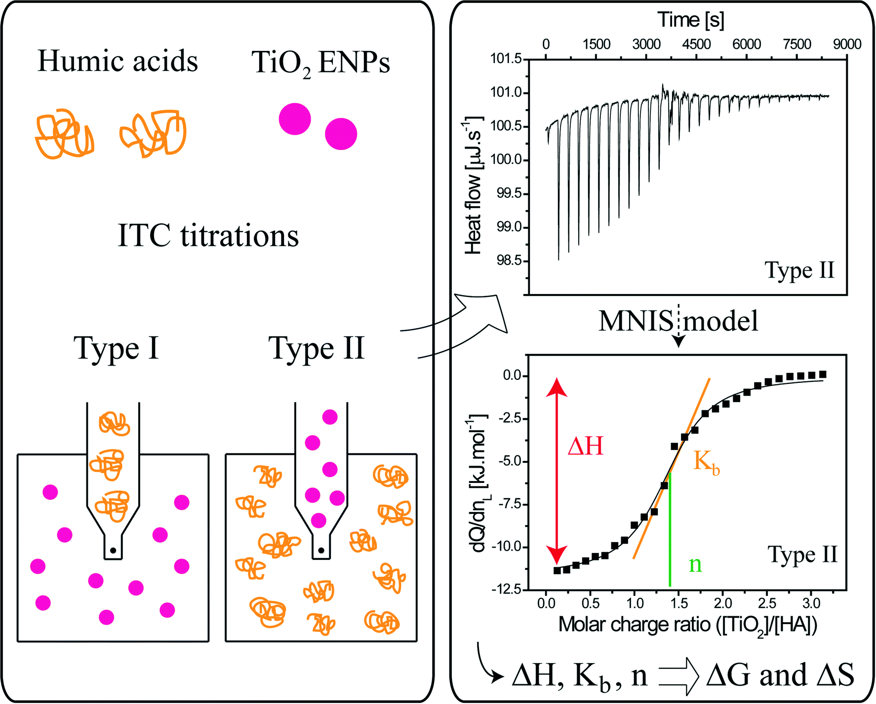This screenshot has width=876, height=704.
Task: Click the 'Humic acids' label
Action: coord(118,61)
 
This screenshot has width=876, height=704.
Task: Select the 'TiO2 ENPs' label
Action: coord(320,63)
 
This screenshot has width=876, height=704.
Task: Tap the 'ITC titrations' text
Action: coord(208,235)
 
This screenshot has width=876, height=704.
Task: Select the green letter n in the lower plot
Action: coord(695,564)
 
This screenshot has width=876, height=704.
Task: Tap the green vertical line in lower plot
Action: coord(670,533)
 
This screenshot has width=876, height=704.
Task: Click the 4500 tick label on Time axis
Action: coord(696,44)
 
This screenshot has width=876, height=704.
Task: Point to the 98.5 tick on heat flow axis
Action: coord(509,260)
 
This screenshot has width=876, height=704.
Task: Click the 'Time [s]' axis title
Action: coord(691,20)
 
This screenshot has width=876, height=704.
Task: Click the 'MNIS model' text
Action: coord(678,321)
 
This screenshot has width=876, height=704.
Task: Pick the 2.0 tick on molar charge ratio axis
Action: coord(722,603)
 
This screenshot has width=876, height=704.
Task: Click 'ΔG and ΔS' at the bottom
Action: coord(780,675)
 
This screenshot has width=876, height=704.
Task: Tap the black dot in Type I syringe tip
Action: coord(113,550)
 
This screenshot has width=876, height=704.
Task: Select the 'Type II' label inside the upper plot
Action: coord(799,270)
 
